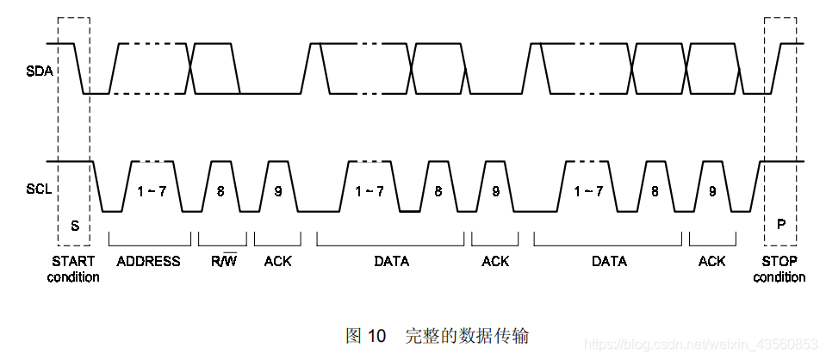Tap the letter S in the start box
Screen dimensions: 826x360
75,225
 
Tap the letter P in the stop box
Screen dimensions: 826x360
781,225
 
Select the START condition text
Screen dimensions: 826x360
74,269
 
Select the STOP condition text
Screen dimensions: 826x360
779,269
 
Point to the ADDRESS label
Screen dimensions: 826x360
148,261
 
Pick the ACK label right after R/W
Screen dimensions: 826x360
277,261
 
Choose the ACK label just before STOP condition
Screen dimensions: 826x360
712,261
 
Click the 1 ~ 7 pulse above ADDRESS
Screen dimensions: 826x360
152,191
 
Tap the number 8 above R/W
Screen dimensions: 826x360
220,191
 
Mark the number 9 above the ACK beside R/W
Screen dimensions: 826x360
278,191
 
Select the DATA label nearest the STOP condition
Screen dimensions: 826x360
609,261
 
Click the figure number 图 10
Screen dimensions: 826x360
365,335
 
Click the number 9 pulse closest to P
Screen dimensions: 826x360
712,191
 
